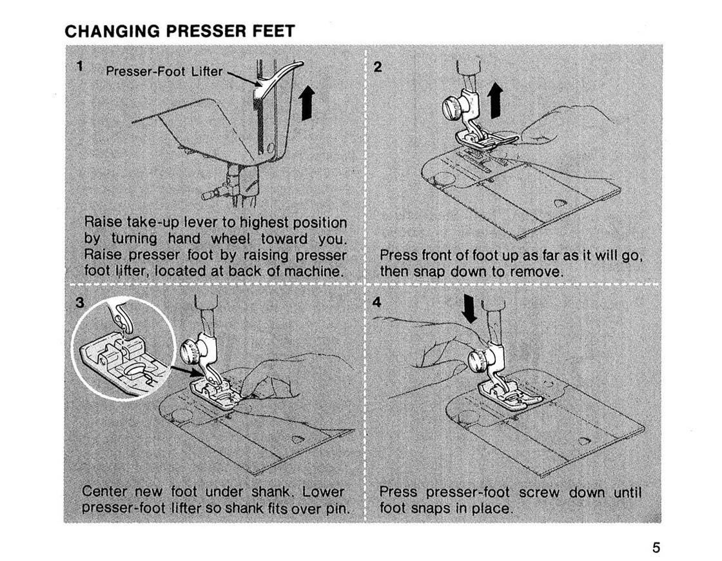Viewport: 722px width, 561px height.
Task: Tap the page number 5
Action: point(656,548)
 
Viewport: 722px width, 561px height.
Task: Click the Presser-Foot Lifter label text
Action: point(164,72)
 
